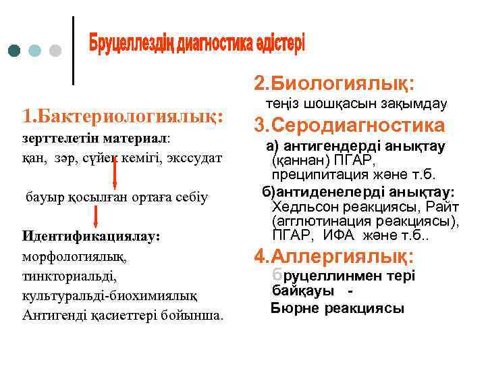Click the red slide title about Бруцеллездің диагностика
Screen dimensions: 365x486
click(196, 44)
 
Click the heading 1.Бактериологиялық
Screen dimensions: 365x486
click(122, 116)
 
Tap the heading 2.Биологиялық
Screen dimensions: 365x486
click(334, 82)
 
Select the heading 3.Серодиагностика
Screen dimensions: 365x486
click(349, 125)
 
